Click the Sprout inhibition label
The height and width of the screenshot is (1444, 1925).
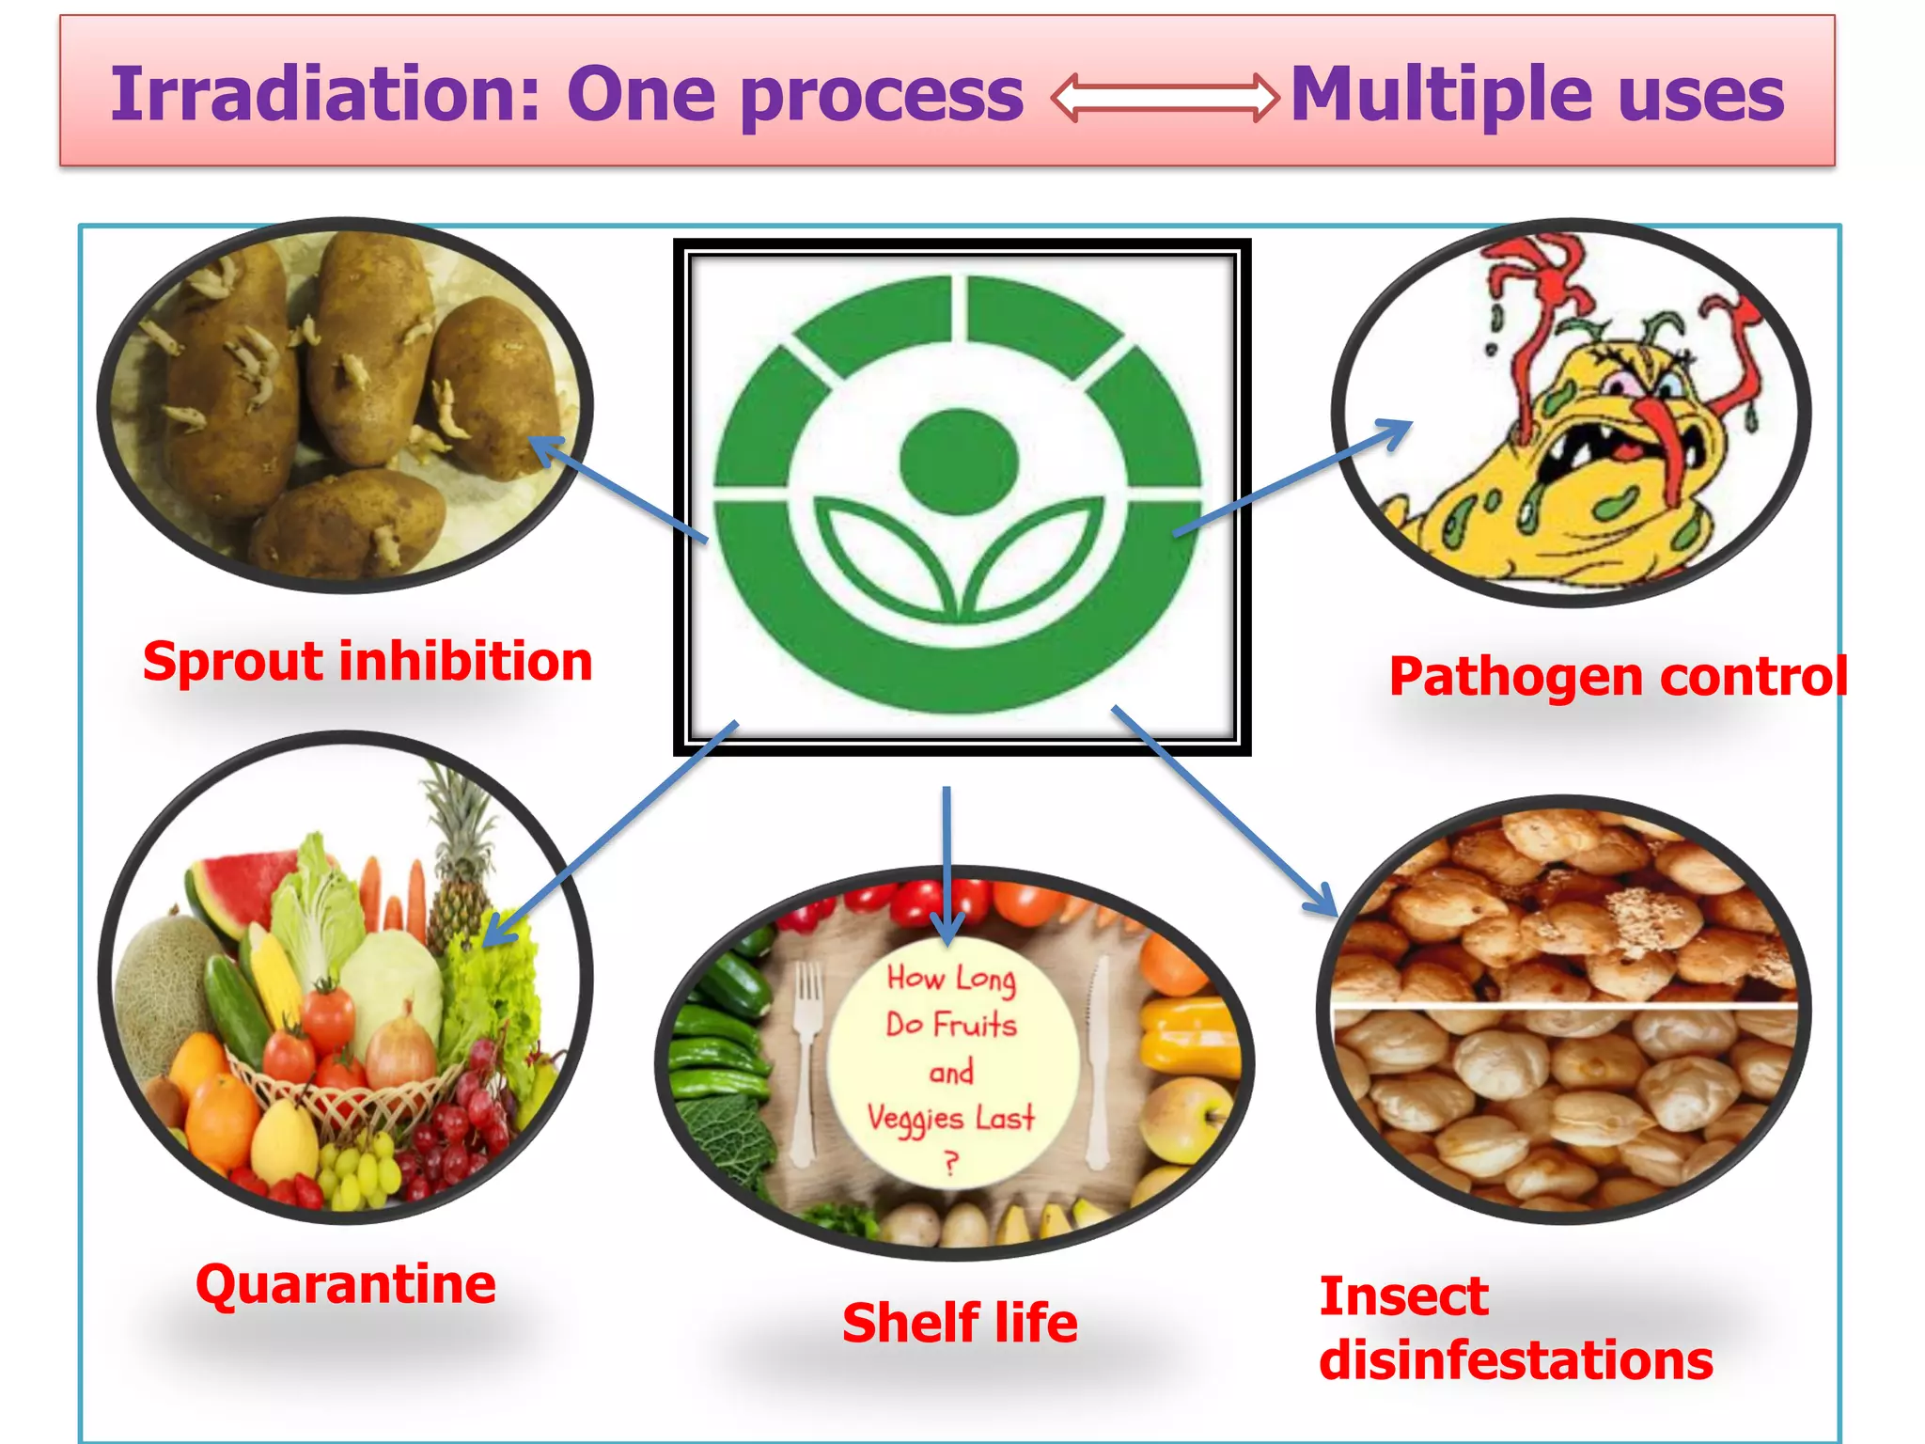click(x=368, y=661)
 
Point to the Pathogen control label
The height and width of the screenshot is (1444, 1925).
click(x=1617, y=677)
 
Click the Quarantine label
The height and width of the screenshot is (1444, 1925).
click(x=345, y=1284)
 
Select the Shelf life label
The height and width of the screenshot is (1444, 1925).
click(x=960, y=1324)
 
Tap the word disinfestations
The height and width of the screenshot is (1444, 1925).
click(x=1515, y=1361)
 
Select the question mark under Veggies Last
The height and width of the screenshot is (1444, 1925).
click(x=951, y=1164)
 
